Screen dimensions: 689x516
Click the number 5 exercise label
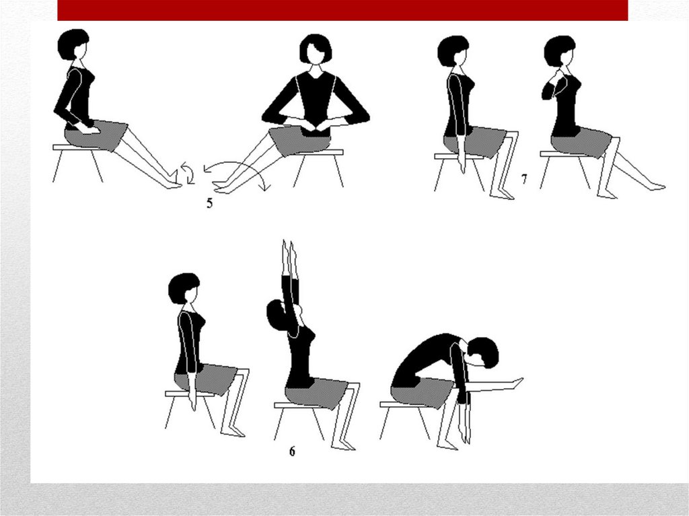(x=210, y=203)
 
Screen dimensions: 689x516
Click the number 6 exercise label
(x=292, y=451)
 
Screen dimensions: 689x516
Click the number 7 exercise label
(x=523, y=179)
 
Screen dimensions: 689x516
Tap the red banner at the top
(x=342, y=10)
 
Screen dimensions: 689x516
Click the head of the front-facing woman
(x=316, y=49)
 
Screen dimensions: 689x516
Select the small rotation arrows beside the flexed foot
(x=187, y=173)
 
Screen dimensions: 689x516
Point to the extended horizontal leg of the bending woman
(x=495, y=386)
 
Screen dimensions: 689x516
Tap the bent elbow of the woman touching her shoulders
(x=546, y=93)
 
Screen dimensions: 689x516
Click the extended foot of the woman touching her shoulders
(x=655, y=186)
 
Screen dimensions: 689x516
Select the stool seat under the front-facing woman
(x=318, y=153)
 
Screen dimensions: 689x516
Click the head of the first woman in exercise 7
(x=454, y=51)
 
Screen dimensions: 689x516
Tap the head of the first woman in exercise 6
(x=184, y=289)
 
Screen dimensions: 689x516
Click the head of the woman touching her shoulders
(x=560, y=51)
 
